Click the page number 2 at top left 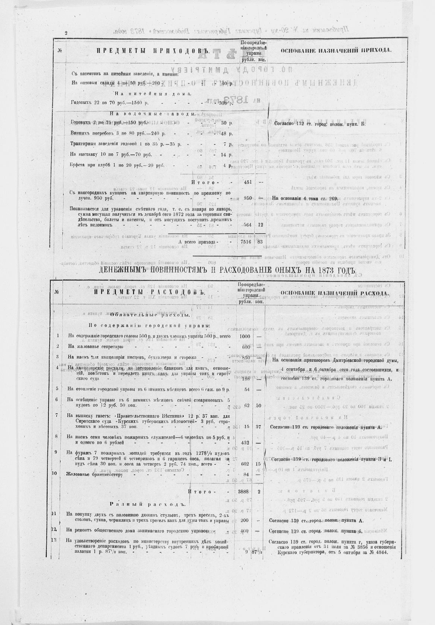[x=66, y=33]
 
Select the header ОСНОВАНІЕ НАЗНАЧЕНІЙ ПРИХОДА [x=336, y=50]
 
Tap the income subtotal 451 [x=248, y=183]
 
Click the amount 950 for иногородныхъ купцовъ [x=248, y=198]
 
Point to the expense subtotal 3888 [x=246, y=492]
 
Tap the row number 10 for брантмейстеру [x=55, y=474]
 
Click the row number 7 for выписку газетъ [x=56, y=415]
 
